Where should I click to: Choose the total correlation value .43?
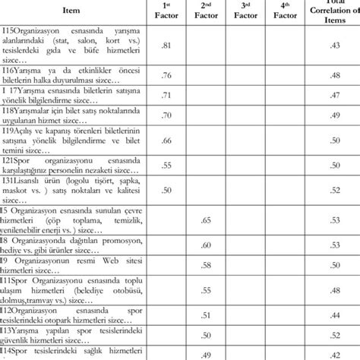pos(335,47)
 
